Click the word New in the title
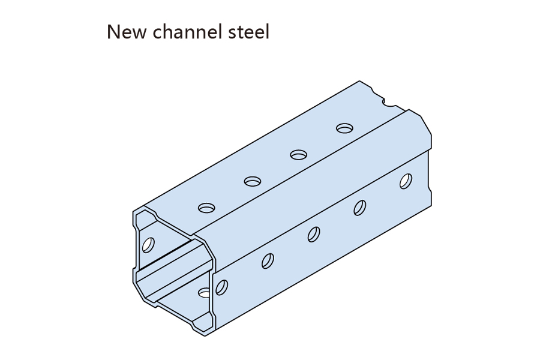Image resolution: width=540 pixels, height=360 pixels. click(127, 32)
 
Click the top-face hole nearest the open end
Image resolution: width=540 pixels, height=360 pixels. click(207, 208)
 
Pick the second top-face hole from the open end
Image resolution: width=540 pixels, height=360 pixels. click(253, 181)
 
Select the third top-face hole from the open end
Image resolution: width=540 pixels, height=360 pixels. click(298, 154)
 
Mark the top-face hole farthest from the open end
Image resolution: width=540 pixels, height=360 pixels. click(344, 128)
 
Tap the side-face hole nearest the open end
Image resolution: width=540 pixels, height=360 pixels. click(221, 287)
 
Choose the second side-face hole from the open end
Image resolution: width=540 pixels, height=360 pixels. click(268, 260)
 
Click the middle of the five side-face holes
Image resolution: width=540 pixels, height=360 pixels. click(314, 234)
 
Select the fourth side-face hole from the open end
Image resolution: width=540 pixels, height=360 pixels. click(360, 208)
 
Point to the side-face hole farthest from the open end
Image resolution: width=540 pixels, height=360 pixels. click(406, 181)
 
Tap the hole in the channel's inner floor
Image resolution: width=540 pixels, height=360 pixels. click(205, 293)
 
